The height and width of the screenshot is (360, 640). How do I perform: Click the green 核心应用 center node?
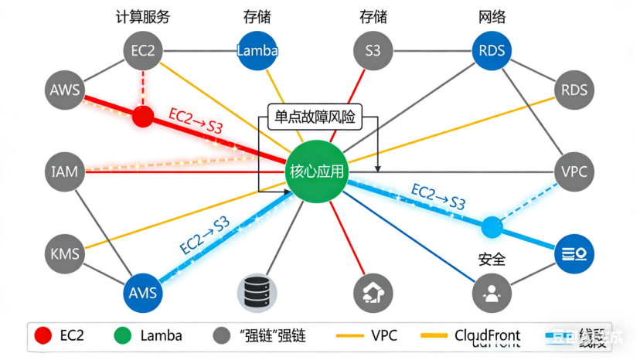coord(316,172)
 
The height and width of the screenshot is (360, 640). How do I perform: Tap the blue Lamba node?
coord(257,51)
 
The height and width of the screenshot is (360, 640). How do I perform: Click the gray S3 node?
coord(373,51)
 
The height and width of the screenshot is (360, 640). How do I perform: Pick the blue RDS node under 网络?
coord(492,51)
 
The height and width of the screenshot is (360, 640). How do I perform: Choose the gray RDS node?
coord(574,90)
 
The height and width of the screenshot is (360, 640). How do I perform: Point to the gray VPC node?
coord(574,172)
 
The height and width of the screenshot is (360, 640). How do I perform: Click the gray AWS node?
coord(65,90)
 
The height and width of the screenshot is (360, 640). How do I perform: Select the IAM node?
coord(65,172)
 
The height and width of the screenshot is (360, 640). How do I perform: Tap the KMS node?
coord(65,253)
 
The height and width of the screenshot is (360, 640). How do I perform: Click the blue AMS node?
coord(143,293)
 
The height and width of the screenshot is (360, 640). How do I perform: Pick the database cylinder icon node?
coord(257,294)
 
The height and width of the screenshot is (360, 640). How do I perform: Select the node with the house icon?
coord(373,294)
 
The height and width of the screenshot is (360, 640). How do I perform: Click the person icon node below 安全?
coord(491,294)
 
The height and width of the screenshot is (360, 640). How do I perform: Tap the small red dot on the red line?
coord(142,117)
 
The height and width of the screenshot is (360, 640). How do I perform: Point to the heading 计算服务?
coord(143,17)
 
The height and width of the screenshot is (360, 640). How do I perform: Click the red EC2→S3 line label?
coord(195,122)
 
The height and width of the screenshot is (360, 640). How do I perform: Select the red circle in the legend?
coord(44,335)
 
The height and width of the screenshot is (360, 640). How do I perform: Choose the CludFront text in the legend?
coord(487,335)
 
